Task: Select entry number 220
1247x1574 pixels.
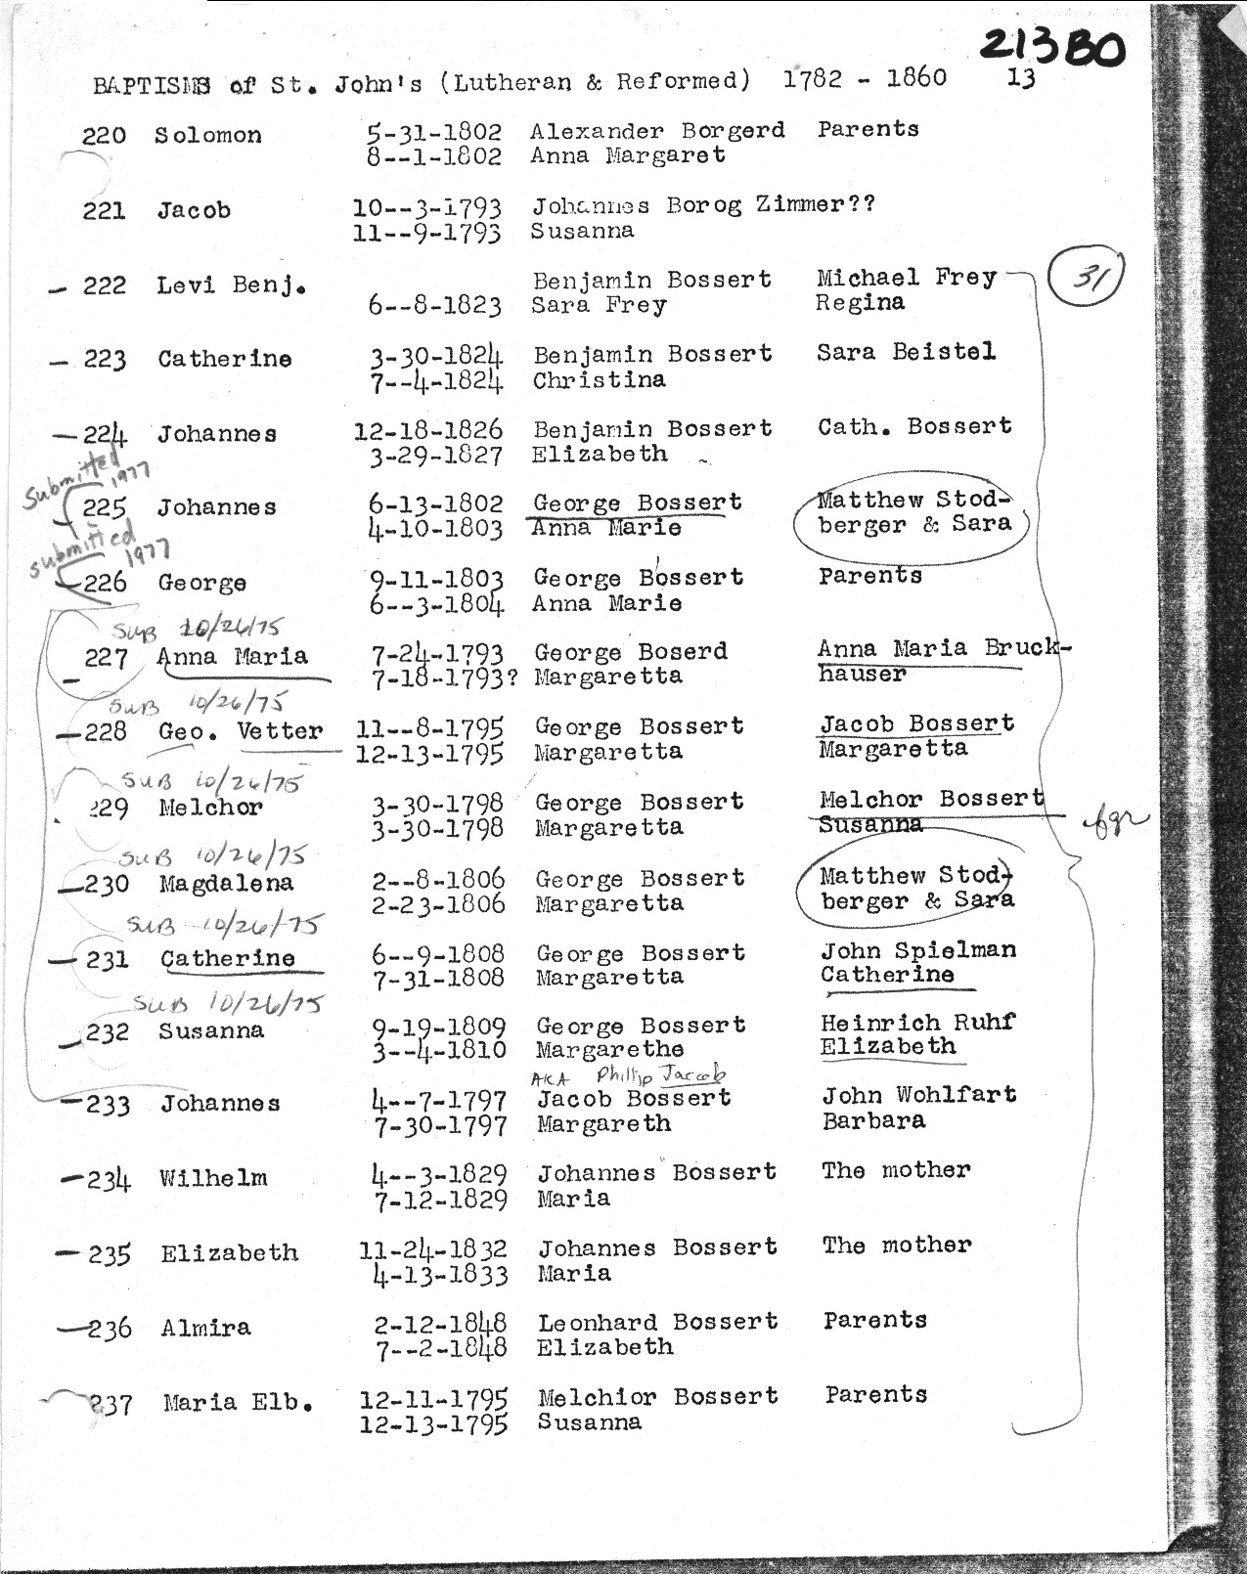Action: click(x=104, y=136)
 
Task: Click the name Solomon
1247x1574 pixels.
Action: click(x=207, y=136)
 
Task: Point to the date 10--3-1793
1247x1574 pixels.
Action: click(x=427, y=208)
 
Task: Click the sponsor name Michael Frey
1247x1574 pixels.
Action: click(x=906, y=278)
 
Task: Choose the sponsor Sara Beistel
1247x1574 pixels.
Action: click(x=906, y=352)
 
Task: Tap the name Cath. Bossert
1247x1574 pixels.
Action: click(x=914, y=426)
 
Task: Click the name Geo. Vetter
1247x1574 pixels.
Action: click(x=241, y=731)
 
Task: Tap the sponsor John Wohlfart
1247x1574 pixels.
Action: click(x=918, y=1095)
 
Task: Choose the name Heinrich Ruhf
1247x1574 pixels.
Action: click(x=917, y=1023)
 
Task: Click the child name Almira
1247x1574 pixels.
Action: click(x=205, y=1328)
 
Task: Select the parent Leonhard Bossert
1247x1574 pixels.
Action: click(x=657, y=1322)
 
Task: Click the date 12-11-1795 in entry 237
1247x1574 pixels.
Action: click(x=433, y=1399)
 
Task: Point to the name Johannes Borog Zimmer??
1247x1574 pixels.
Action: click(x=702, y=205)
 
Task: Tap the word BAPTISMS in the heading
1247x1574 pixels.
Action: click(x=152, y=86)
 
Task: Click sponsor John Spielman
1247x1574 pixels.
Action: click(x=917, y=950)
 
